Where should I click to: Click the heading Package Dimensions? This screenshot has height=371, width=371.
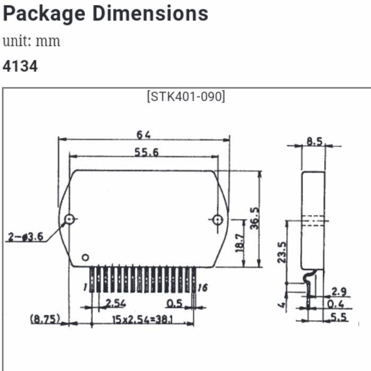pyautogui.click(x=105, y=13)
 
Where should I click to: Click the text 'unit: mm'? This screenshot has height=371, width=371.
pyautogui.click(x=31, y=41)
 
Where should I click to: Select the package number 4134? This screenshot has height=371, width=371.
pyautogui.click(x=20, y=66)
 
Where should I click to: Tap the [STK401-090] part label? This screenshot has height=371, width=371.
pyautogui.click(x=185, y=97)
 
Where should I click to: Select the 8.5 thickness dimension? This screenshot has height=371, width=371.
pyautogui.click(x=315, y=142)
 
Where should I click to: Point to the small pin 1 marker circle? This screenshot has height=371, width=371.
pyautogui.click(x=85, y=258)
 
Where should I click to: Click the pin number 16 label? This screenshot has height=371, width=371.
pyautogui.click(x=202, y=288)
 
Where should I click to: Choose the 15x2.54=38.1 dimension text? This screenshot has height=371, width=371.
pyautogui.click(x=144, y=320)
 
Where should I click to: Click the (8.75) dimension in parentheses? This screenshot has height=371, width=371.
pyautogui.click(x=45, y=319)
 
